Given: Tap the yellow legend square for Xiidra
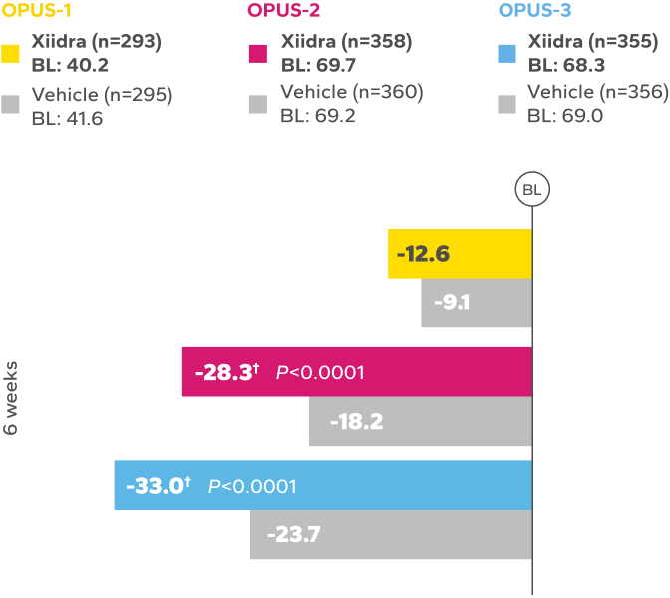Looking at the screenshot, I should point(12,53).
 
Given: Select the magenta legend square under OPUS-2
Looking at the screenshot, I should point(258,53).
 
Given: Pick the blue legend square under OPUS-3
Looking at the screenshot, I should point(506,53).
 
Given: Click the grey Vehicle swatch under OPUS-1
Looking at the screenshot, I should point(12,105).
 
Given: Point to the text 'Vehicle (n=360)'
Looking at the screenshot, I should point(352,93).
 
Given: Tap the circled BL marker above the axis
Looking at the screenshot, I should point(531,188).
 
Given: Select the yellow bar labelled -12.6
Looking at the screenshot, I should point(460,254).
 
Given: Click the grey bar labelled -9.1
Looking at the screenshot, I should point(477,303).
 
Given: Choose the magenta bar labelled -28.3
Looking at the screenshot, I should point(357,372).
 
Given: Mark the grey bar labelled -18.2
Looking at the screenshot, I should point(421,422).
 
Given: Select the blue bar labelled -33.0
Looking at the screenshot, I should point(323,486).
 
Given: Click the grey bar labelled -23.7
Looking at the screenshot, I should point(391,535).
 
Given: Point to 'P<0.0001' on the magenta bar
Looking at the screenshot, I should point(320,372).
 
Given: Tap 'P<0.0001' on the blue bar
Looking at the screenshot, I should point(252,486).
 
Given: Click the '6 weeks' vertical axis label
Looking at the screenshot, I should point(11,397).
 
